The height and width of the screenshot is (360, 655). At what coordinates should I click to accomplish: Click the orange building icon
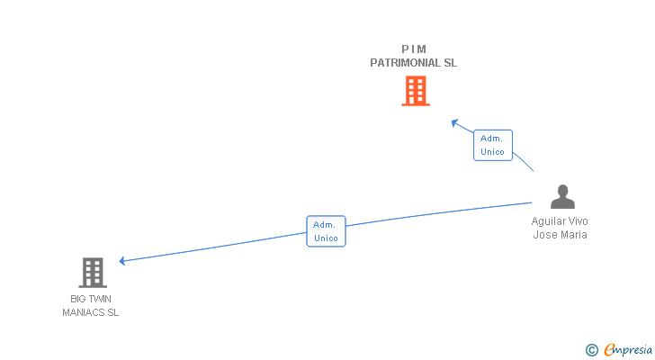[x=415, y=91]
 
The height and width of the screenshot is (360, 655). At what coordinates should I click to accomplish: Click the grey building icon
[x=92, y=272]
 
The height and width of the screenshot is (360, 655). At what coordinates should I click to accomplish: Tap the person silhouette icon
[x=562, y=197]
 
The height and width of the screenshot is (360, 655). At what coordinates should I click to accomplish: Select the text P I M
[x=414, y=49]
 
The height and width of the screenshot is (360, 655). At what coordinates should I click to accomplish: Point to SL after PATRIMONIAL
[x=450, y=63]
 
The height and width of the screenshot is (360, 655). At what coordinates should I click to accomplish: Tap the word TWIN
[x=101, y=299]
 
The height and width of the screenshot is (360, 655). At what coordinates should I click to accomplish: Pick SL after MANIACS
[x=112, y=312]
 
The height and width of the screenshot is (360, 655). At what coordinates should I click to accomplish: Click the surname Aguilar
[x=549, y=221]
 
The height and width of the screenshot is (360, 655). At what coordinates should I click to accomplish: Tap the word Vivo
[x=578, y=221]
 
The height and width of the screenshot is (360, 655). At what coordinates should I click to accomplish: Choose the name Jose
[x=545, y=235]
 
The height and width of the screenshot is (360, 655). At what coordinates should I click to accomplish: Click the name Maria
[x=574, y=235]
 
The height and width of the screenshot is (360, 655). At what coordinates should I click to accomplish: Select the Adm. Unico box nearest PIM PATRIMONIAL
[x=493, y=145]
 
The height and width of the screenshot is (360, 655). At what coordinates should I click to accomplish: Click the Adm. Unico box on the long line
[x=326, y=231]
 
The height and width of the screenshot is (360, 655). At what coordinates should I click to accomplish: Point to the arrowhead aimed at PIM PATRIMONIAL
[x=454, y=121]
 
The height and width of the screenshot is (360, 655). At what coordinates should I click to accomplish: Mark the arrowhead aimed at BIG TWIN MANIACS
[x=122, y=261]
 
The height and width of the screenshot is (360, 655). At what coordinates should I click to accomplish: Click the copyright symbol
[x=591, y=349]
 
